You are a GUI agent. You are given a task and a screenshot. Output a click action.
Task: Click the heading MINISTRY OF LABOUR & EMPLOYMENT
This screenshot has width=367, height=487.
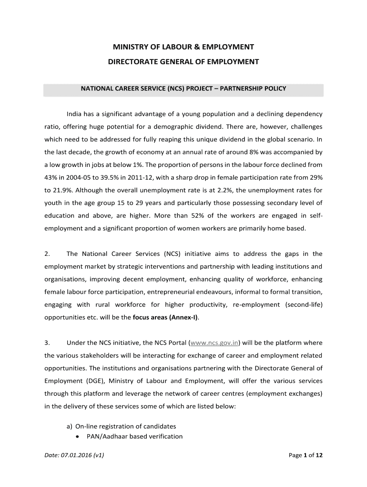pos(183,47)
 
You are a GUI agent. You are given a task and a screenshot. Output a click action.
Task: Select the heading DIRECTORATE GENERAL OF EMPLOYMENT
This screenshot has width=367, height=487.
pos(183,62)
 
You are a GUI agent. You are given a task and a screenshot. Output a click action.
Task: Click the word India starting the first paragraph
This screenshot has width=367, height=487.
pos(74,114)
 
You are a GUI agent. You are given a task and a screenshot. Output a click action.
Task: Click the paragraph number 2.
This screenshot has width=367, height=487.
pos(47,253)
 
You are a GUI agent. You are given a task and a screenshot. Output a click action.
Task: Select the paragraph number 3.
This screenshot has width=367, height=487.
pos(47,343)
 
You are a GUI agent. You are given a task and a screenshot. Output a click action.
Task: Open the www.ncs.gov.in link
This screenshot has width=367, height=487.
pos(214,343)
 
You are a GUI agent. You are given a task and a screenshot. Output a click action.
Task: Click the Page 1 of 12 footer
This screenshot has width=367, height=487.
pos(306,455)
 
